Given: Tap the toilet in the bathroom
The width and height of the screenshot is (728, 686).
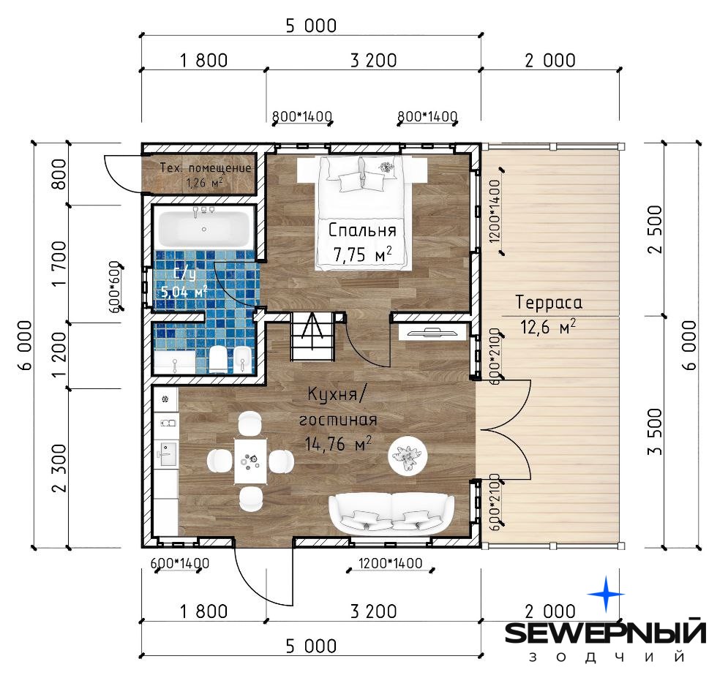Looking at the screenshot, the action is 218,359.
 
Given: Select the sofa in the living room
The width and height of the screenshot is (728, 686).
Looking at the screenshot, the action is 391,514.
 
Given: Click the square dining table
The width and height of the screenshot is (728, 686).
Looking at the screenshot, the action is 251,461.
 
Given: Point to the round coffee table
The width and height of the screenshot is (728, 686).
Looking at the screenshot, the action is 408,456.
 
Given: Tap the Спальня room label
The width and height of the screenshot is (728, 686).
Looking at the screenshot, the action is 362,230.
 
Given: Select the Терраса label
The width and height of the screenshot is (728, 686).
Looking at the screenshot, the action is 549,303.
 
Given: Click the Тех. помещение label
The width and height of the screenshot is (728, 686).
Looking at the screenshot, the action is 205,167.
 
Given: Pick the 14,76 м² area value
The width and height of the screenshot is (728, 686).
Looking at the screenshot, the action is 338,444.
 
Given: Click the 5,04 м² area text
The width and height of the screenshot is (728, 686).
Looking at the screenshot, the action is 184,292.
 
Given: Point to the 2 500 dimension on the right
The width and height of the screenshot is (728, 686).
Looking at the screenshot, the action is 654,230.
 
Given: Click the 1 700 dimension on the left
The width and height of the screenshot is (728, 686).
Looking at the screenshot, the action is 59,263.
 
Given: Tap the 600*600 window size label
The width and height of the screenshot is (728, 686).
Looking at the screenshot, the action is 115,287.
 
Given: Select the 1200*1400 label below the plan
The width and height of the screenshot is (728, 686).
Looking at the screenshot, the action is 391,563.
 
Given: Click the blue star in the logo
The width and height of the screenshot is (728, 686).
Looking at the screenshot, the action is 606,594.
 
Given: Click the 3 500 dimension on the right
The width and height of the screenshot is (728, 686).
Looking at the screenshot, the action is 654,431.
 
